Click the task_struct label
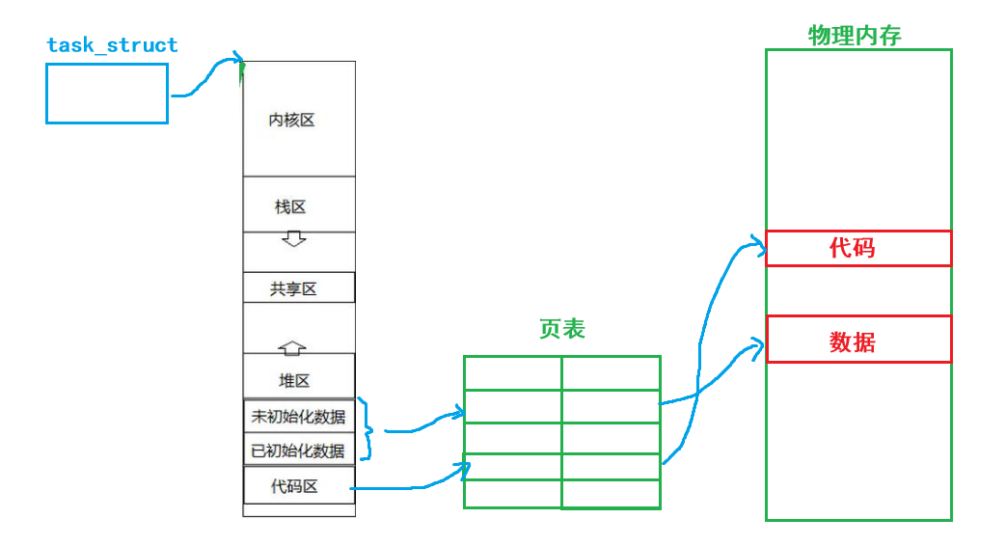pyautogui.click(x=112, y=45)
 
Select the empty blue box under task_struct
pyautogui.click(x=107, y=94)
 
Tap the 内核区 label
pyautogui.click(x=291, y=121)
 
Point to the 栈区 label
pyautogui.click(x=291, y=207)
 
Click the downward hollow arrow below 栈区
pyautogui.click(x=292, y=237)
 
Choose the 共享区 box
pyautogui.click(x=298, y=288)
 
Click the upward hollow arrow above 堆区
pyautogui.click(x=291, y=347)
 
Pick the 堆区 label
pyautogui.click(x=294, y=381)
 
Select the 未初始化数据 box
pyautogui.click(x=298, y=417)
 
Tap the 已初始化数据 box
pyautogui.click(x=298, y=450)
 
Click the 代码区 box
pyautogui.click(x=298, y=486)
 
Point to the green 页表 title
pyautogui.click(x=562, y=330)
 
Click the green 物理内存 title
pyautogui.click(x=855, y=37)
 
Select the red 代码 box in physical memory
pyautogui.click(x=858, y=248)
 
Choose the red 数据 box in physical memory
pyautogui.click(x=858, y=340)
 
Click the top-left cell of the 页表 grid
pyautogui.click(x=512, y=373)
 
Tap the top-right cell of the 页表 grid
pyautogui.click(x=611, y=373)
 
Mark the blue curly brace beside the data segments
pyautogui.click(x=366, y=430)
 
